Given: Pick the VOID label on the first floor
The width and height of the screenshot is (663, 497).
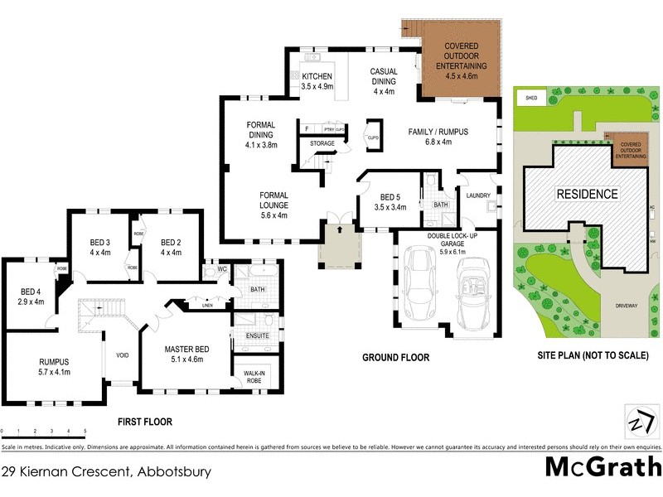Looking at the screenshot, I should coord(122,355).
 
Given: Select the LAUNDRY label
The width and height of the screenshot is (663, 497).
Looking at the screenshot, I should coord(478,196).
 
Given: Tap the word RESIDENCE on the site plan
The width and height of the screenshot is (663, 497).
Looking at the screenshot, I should coord(587,194).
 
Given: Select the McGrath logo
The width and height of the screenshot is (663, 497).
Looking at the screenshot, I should coord(598,468).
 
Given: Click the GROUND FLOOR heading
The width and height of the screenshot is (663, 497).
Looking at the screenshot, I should coord(395,358).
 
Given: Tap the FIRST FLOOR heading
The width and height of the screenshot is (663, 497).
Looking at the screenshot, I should coord(144,422).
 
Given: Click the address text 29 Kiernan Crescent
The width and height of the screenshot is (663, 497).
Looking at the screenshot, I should coord(106,472).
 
